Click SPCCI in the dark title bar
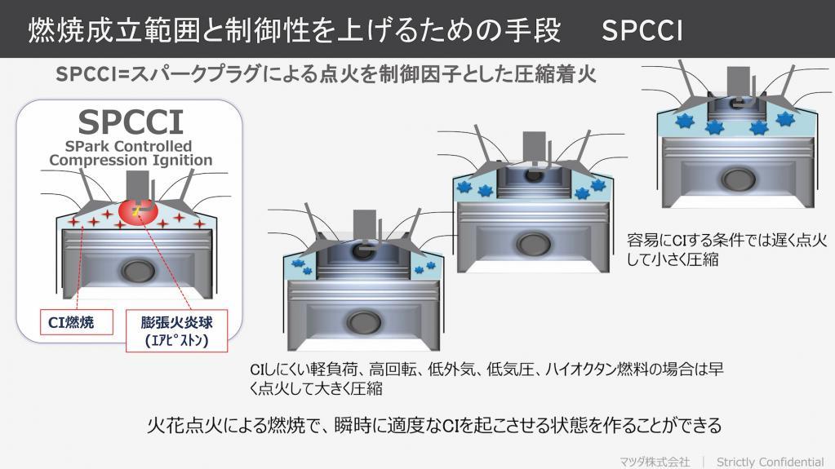pos(642,30)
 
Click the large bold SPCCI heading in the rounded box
pos(131,122)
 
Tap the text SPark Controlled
pos(128,146)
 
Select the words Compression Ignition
pos(131,160)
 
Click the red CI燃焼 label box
pos(77,322)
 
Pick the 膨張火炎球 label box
pos(177,330)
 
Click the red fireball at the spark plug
pos(139,211)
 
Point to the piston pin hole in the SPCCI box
pos(138,271)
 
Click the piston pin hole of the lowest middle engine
pos(364,321)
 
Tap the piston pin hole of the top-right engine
pos(739,179)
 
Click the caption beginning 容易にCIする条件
pos(727,250)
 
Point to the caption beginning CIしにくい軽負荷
pos(486,378)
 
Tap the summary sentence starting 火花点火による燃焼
pos(434,425)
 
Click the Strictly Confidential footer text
pos(770,462)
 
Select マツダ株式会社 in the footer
pos(655,462)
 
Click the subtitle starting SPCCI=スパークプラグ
pos(326,74)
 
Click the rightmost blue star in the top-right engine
pos(785,119)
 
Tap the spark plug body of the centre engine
pos(534,147)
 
